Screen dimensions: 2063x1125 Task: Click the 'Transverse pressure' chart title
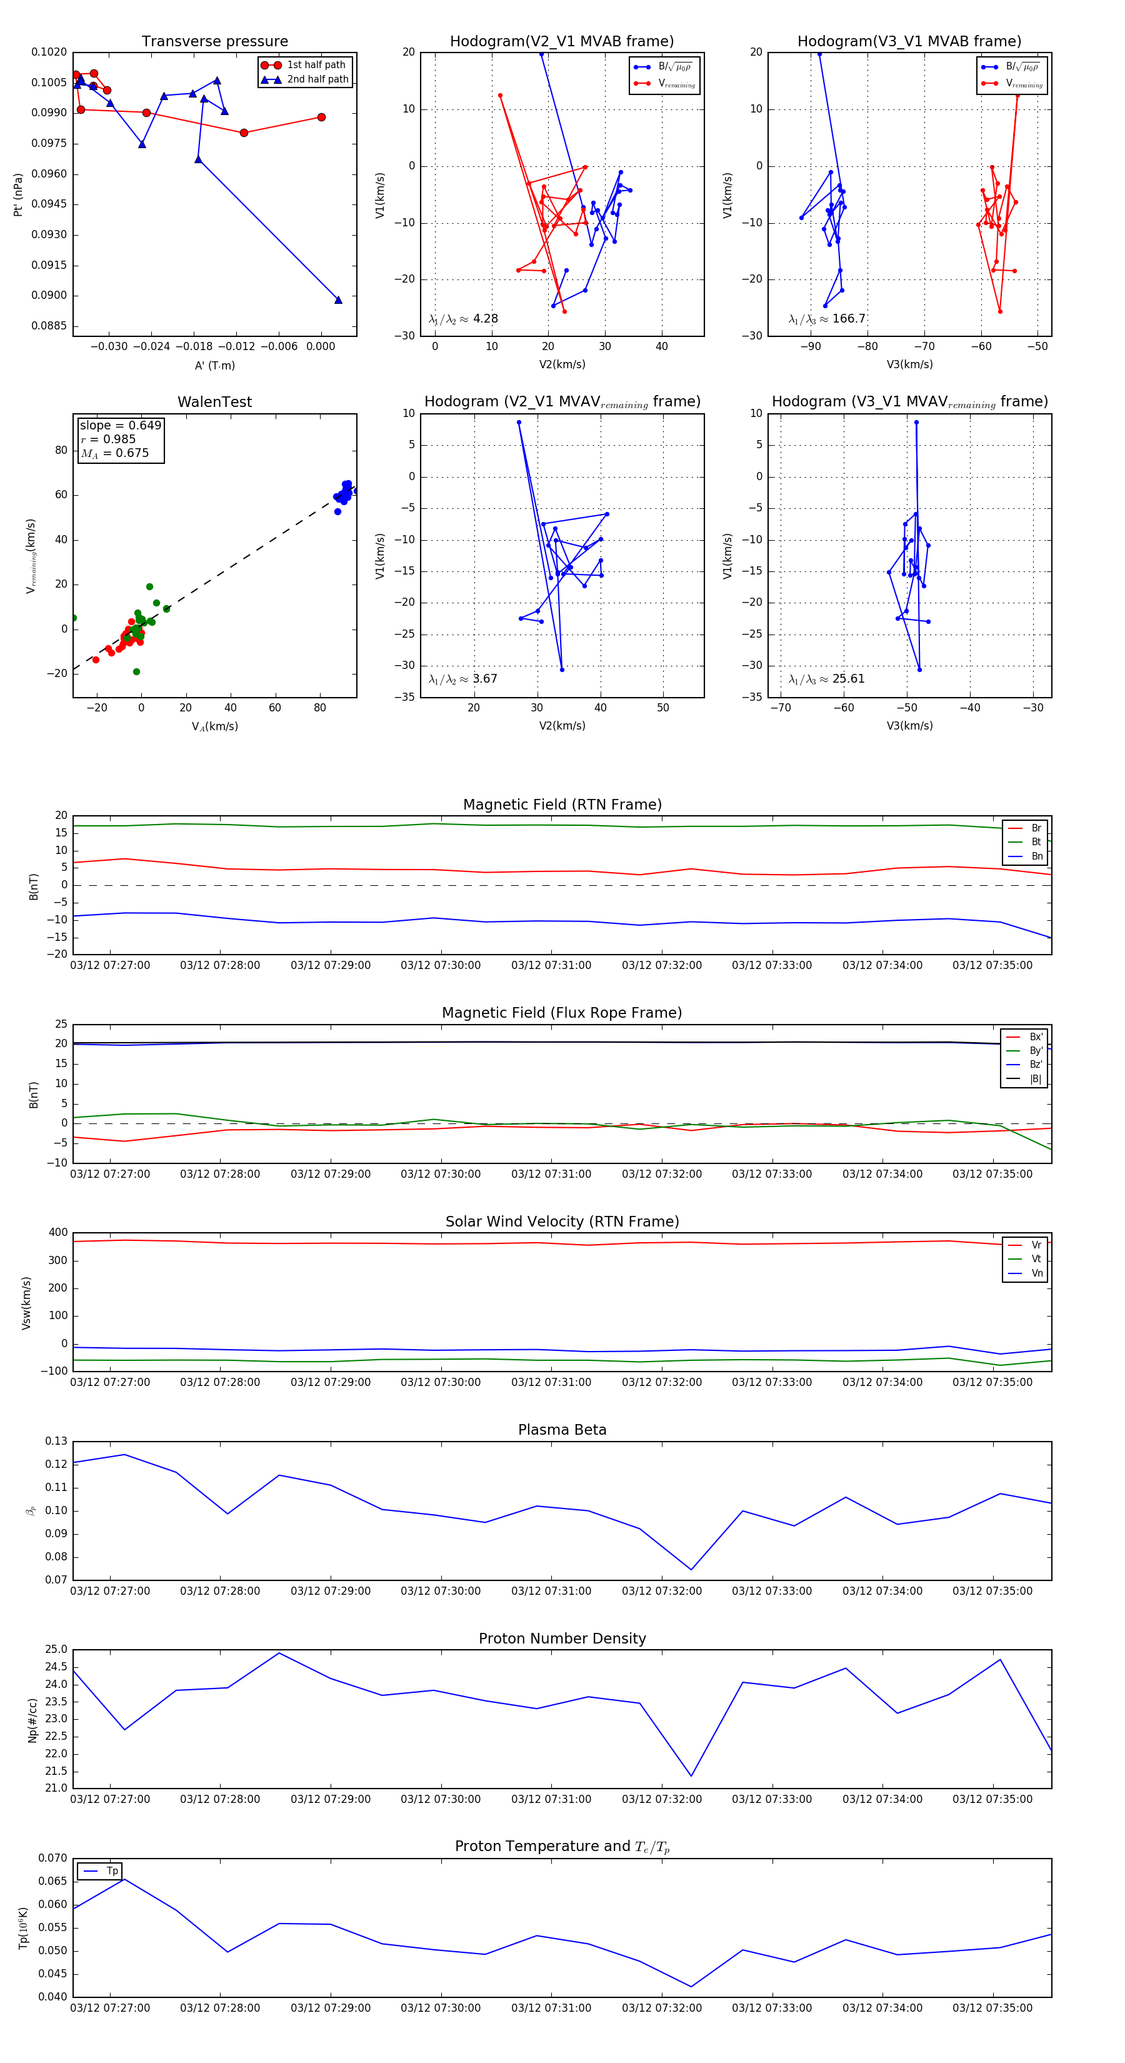click(214, 42)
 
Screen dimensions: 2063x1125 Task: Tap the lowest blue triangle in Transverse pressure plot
click(338, 299)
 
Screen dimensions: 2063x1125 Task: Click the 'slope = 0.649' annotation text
click(120, 425)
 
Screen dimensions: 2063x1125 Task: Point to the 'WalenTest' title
click(214, 402)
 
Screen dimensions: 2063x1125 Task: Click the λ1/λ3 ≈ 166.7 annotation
click(827, 319)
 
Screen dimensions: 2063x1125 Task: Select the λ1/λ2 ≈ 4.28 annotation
click(462, 319)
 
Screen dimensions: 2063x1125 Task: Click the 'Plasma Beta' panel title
click(562, 1430)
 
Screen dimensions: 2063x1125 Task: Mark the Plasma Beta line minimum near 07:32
click(691, 1570)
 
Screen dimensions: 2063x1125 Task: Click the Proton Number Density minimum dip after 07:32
click(691, 1775)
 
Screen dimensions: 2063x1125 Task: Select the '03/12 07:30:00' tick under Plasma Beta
click(441, 1590)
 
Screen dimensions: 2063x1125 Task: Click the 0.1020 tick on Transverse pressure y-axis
click(49, 52)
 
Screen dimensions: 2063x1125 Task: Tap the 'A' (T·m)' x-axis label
click(214, 365)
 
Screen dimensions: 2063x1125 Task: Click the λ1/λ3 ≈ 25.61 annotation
click(827, 679)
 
